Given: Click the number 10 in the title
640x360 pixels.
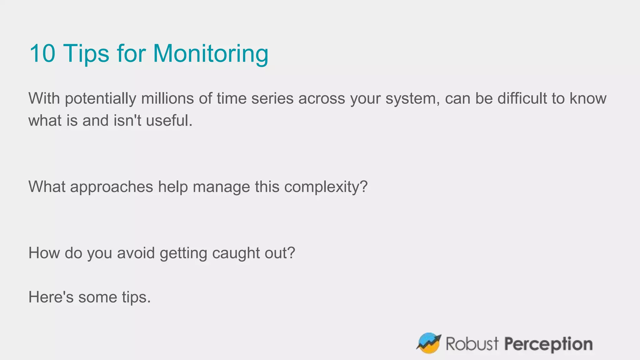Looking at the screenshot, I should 42,53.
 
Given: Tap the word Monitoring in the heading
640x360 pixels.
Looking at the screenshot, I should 211,53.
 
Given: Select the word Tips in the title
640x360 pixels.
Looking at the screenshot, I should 86,53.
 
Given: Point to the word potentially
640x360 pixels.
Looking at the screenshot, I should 101,98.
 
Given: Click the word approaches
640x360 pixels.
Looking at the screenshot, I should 112,187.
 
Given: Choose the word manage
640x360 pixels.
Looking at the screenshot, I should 221,187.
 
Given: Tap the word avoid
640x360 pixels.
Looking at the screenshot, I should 136,253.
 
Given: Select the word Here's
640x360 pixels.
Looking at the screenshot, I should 51,297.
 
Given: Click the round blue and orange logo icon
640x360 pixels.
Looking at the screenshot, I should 428,343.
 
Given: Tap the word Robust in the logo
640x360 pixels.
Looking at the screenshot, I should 472,344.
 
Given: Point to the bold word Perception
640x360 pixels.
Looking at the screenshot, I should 548,344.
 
